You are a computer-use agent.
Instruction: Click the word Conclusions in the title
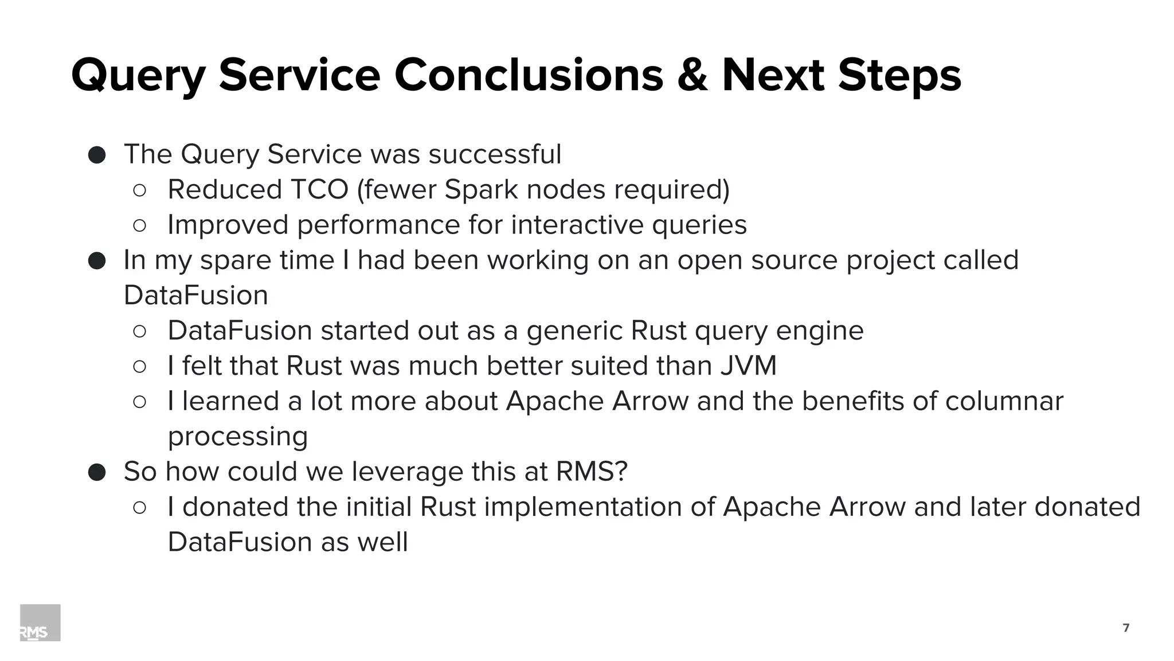(x=528, y=76)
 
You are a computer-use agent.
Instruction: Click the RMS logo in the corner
(x=40, y=623)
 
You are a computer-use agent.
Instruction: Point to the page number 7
(x=1126, y=628)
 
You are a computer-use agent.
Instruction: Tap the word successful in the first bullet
(x=495, y=154)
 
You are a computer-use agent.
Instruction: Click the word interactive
(x=577, y=224)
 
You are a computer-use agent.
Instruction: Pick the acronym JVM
(x=748, y=366)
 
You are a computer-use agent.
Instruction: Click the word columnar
(x=1004, y=401)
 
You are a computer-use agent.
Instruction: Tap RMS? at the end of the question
(x=592, y=471)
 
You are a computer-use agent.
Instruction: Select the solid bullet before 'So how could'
(x=97, y=472)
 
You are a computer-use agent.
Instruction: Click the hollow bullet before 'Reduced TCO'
(x=140, y=190)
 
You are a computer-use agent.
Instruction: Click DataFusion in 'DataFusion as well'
(x=240, y=542)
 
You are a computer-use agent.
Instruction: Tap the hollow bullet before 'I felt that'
(x=140, y=366)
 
